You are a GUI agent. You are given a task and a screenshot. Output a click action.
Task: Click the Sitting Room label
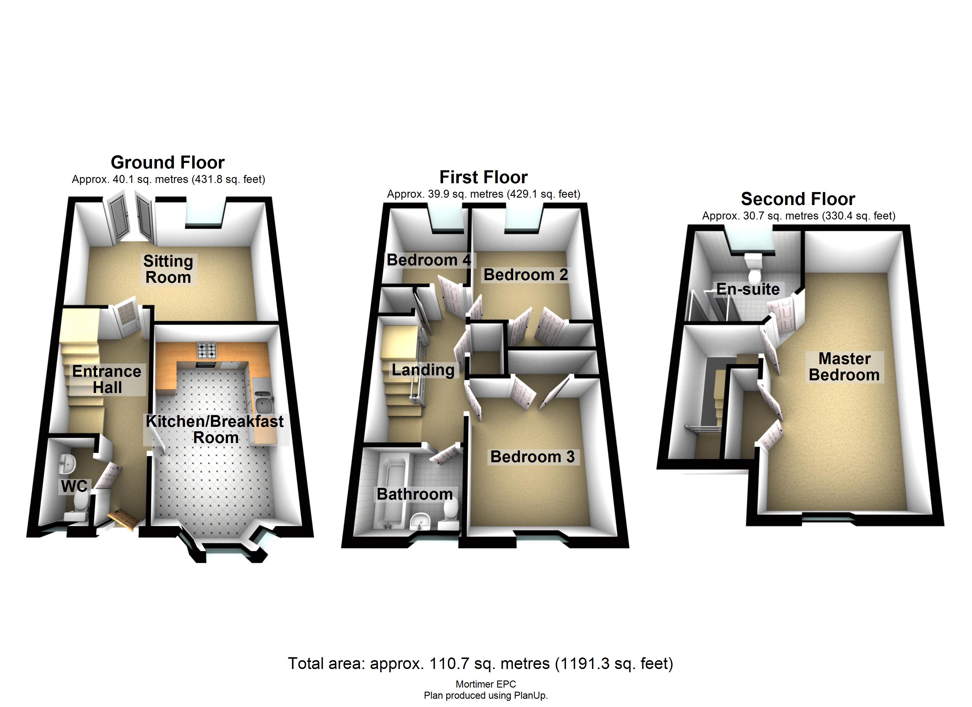[168, 269]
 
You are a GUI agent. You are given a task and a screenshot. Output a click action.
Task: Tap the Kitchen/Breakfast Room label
[215, 429]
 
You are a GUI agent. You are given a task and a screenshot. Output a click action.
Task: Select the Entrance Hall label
[107, 379]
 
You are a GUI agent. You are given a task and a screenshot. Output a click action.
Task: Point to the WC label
[74, 486]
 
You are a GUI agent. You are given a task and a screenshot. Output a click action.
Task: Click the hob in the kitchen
[206, 350]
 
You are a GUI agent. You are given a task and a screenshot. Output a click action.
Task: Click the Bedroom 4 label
[429, 260]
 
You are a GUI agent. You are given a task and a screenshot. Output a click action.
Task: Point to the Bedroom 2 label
[525, 274]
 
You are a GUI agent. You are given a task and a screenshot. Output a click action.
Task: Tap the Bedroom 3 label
[532, 457]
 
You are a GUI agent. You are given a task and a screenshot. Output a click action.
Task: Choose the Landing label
[423, 370]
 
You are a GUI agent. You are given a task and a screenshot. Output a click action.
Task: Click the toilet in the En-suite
[753, 267]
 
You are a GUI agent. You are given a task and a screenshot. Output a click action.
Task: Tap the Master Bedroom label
[844, 366]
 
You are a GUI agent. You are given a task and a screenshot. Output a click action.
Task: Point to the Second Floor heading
[798, 199]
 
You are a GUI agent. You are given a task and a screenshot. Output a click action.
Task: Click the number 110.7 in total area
[449, 663]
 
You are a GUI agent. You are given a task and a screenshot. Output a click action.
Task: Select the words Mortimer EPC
[486, 684]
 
